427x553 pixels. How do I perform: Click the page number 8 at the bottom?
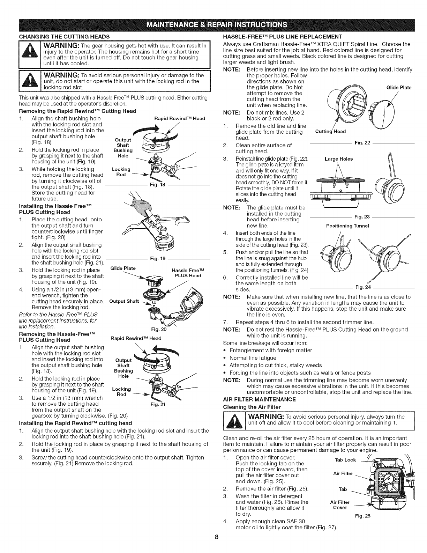(216, 547)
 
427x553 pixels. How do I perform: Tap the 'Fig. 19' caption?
(155, 259)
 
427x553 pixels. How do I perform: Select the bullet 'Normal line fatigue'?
(253, 358)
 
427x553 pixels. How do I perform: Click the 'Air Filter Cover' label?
(340, 505)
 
